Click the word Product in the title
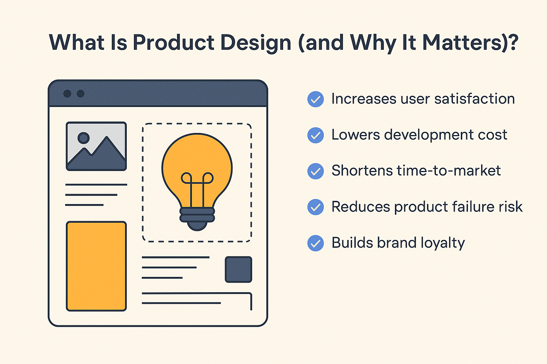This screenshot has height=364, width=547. pyautogui.click(x=174, y=42)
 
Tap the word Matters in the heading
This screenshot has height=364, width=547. pyautogui.click(x=462, y=42)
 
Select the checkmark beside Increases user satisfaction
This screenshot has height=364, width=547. pyautogui.click(x=316, y=99)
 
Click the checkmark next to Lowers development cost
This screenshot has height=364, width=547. pyautogui.click(x=316, y=135)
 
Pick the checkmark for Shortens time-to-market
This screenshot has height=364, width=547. pyautogui.click(x=316, y=171)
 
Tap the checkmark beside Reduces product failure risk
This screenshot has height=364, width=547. pyautogui.click(x=316, y=207)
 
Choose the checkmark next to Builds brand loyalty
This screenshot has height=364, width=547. pyautogui.click(x=316, y=243)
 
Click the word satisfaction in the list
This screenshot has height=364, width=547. pyautogui.click(x=474, y=99)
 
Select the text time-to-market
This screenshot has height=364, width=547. pyautogui.click(x=449, y=170)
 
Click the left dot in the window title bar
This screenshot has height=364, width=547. pyautogui.click(x=67, y=93)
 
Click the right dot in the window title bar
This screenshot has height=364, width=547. pyautogui.click(x=80, y=93)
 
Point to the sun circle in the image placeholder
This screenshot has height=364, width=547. pyautogui.click(x=84, y=138)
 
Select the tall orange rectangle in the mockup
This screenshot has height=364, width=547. pyautogui.click(x=96, y=266)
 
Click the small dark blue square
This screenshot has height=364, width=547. pyautogui.click(x=238, y=269)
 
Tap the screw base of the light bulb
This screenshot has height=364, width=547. pyautogui.click(x=197, y=219)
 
